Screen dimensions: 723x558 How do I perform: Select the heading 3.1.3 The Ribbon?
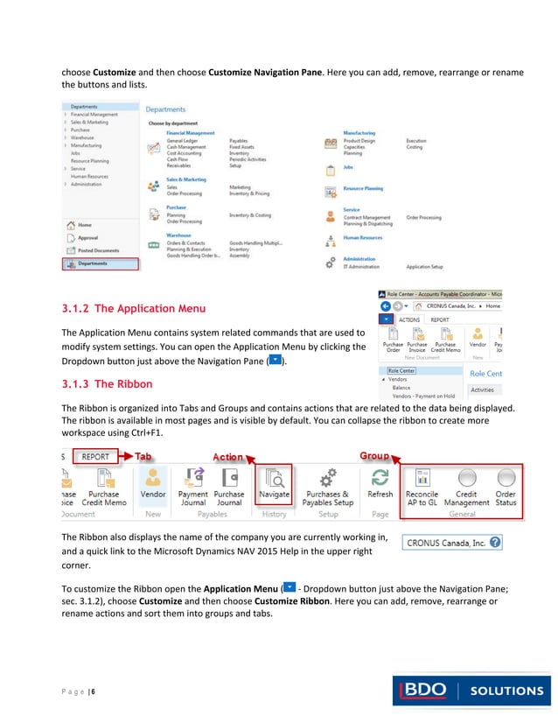[x=107, y=383]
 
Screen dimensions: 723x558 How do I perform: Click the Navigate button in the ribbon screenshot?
[x=273, y=485]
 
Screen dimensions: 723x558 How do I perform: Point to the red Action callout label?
[x=227, y=457]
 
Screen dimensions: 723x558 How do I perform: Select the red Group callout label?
[x=373, y=456]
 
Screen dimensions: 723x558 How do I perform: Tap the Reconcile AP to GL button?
[x=422, y=486]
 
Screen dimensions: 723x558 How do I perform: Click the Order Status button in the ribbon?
[x=506, y=486]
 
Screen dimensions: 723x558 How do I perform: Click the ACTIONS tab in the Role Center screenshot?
[x=409, y=320]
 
